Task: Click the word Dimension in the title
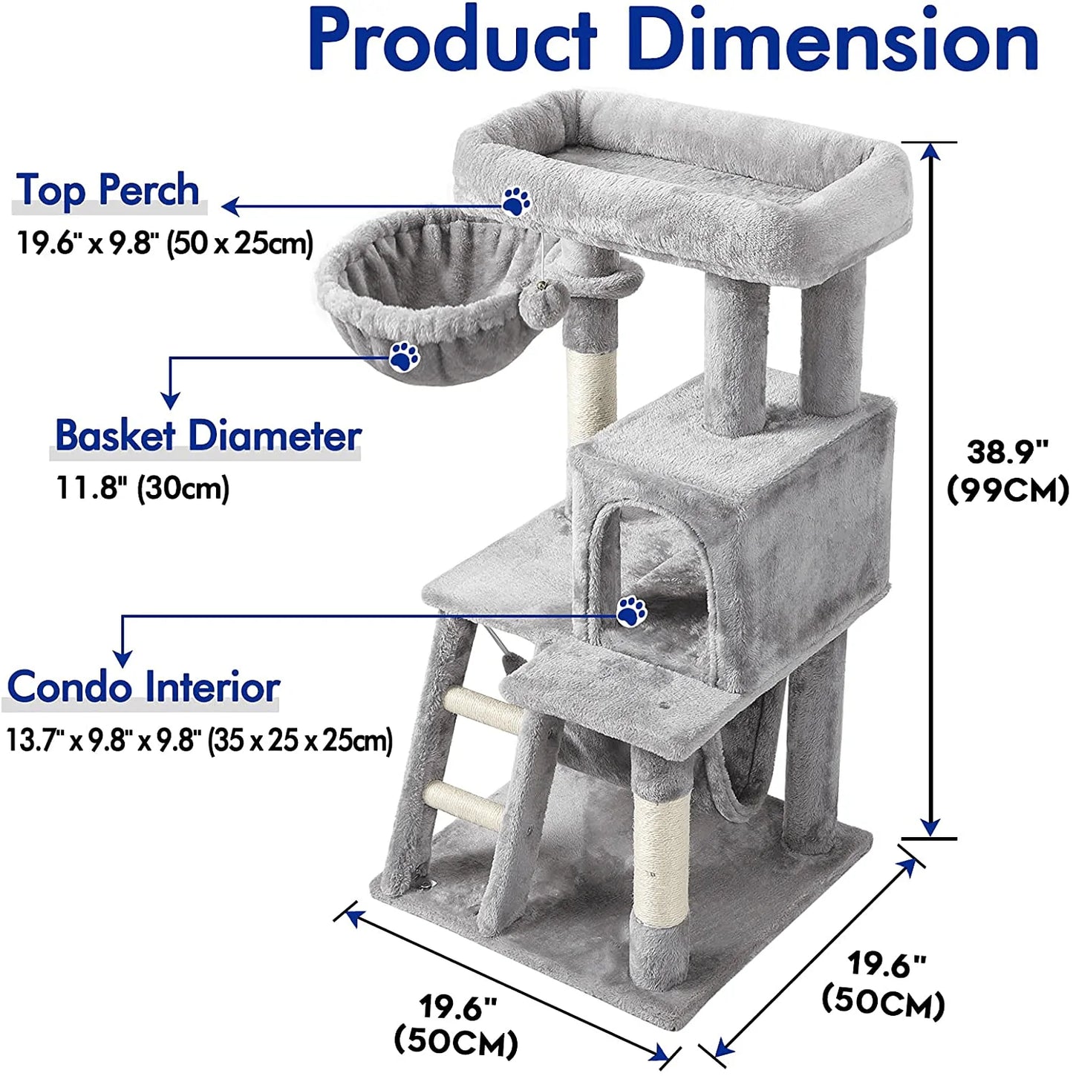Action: tap(832, 41)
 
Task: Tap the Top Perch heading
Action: tap(108, 190)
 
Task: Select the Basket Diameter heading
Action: tap(208, 436)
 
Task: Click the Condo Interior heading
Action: tap(143, 687)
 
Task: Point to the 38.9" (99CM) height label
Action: tap(1008, 471)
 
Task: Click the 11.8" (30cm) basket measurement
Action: tap(143, 488)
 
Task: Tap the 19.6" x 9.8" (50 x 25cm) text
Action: tap(165, 243)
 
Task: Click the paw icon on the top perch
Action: tap(515, 201)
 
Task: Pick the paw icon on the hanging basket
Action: tap(405, 356)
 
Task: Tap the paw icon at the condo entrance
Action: tap(631, 611)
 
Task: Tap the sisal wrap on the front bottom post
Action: tap(661, 861)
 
